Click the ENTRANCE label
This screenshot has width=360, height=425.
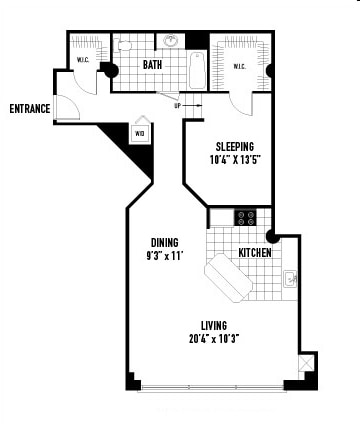pyautogui.click(x=30, y=109)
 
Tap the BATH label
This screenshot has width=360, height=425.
pyautogui.click(x=152, y=66)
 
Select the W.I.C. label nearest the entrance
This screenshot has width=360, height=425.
pyautogui.click(x=84, y=61)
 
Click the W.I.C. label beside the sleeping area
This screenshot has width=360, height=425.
pyautogui.click(x=240, y=67)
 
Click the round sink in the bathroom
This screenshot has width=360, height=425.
pyautogui.click(x=171, y=42)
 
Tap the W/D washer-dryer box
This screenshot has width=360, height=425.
pyautogui.click(x=139, y=132)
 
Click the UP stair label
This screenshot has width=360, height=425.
pyautogui.click(x=177, y=105)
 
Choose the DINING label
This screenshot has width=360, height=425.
pyautogui.click(x=165, y=242)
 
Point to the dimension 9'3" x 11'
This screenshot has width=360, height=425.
pyautogui.click(x=165, y=255)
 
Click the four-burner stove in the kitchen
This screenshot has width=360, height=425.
pyautogui.click(x=246, y=217)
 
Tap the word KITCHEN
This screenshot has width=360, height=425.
pyautogui.click(x=255, y=253)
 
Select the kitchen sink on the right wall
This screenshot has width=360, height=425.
pyautogui.click(x=289, y=279)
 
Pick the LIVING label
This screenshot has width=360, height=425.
pyautogui.click(x=213, y=325)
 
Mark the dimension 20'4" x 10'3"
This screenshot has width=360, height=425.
pyautogui.click(x=213, y=338)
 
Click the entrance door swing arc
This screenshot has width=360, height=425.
pyautogui.click(x=68, y=110)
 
